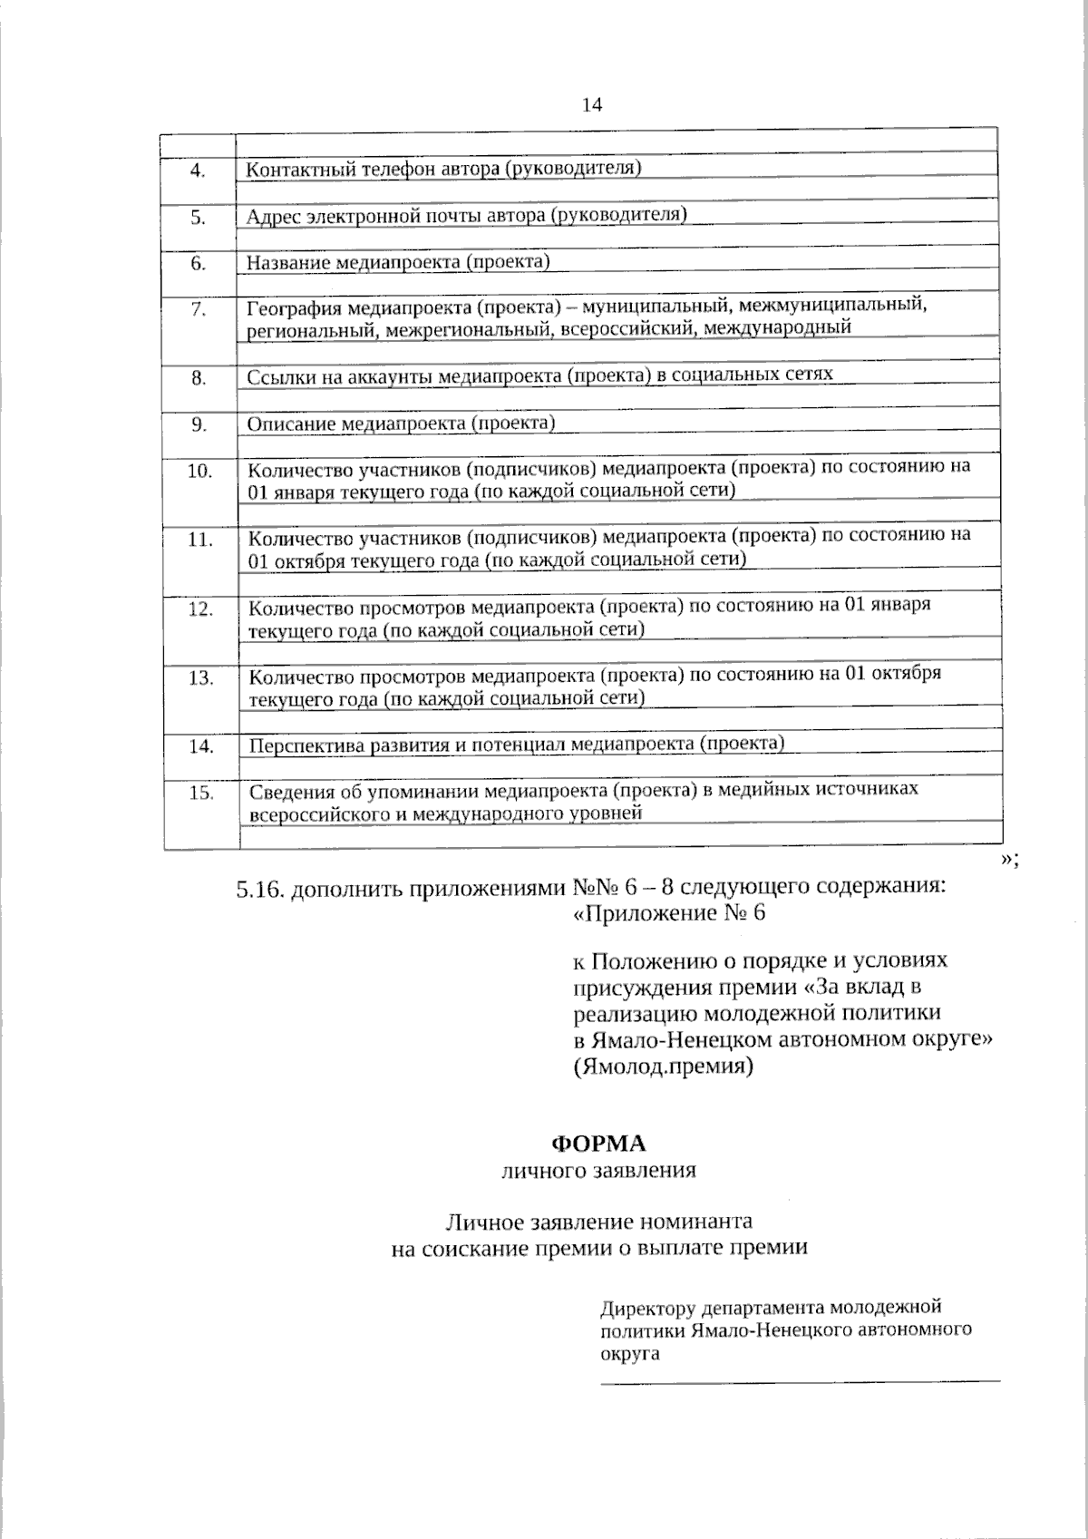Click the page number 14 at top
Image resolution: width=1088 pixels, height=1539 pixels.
click(x=591, y=105)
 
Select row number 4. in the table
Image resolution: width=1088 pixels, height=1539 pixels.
click(x=199, y=170)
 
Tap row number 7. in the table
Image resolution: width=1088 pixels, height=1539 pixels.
click(x=199, y=309)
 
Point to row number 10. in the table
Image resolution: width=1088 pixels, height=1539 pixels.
click(x=199, y=471)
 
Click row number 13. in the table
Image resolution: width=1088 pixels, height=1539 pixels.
click(x=200, y=677)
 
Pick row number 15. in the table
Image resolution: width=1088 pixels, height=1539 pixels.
click(x=200, y=793)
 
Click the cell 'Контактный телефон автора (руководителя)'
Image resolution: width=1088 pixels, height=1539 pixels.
click(x=444, y=168)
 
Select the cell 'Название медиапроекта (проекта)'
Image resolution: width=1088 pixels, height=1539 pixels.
click(x=399, y=262)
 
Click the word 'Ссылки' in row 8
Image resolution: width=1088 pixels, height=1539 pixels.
click(x=275, y=376)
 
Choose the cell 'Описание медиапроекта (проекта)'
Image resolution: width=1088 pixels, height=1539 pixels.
click(x=402, y=424)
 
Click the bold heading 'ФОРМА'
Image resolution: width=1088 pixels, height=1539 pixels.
click(x=599, y=1142)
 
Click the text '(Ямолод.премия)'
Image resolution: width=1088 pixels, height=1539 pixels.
click(x=663, y=1067)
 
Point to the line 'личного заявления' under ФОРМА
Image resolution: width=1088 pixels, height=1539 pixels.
click(x=599, y=1170)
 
